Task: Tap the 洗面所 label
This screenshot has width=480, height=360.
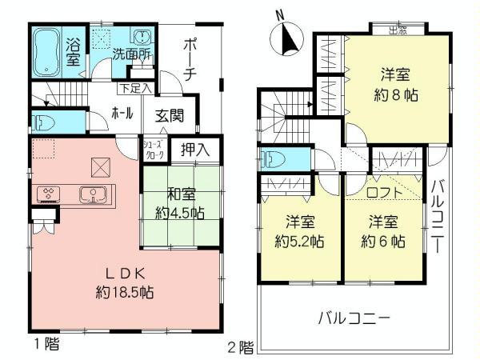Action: [x=130, y=58]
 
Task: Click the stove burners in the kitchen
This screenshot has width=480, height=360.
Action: [x=48, y=194]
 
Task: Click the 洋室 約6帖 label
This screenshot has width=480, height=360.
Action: [x=385, y=231]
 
